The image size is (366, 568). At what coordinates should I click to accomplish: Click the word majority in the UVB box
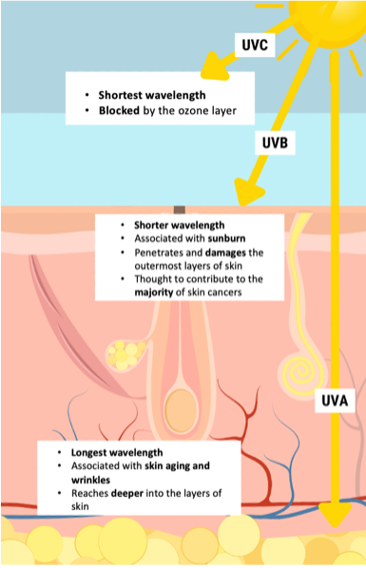click(x=157, y=293)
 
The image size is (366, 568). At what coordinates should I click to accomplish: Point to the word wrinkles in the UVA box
click(x=93, y=480)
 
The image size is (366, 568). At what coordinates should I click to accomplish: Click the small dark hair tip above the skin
click(x=180, y=210)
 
